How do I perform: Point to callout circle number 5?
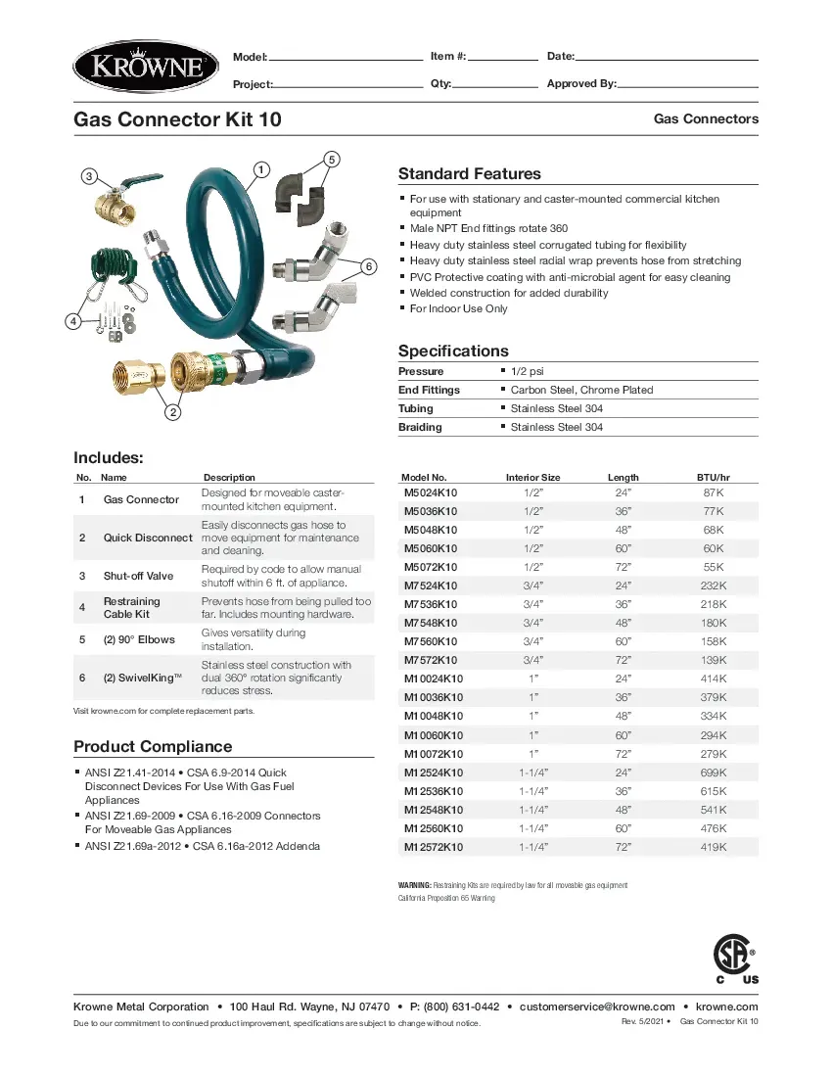(x=331, y=159)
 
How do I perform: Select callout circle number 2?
(x=172, y=412)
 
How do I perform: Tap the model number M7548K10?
(x=431, y=623)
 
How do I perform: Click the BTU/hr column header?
(x=713, y=478)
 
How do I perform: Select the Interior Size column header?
(x=532, y=478)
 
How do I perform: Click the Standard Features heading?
(x=469, y=174)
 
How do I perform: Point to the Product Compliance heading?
(x=153, y=747)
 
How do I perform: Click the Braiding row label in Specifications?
(x=420, y=427)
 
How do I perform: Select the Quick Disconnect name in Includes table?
(x=148, y=538)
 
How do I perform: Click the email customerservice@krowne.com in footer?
(x=597, y=1007)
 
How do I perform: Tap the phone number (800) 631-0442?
(x=454, y=1007)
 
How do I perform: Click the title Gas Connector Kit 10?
(x=178, y=119)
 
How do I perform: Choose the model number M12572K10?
(x=434, y=847)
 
